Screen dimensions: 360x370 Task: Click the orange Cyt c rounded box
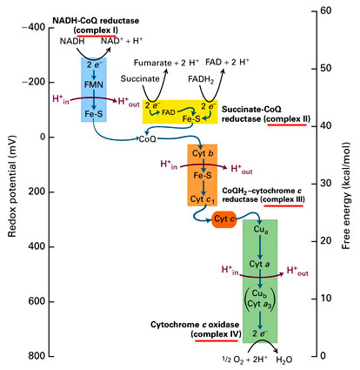click(224, 219)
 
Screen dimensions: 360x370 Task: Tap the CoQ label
click(147, 139)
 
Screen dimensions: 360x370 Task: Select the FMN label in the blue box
click(94, 84)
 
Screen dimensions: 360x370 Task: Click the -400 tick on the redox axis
click(51, 28)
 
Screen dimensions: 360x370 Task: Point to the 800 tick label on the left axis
click(37, 356)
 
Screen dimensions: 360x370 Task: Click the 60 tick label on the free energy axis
click(326, 10)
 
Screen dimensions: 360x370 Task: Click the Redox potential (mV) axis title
click(12, 186)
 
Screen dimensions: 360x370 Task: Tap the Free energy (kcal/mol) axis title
click(346, 196)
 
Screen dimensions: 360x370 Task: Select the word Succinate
click(140, 78)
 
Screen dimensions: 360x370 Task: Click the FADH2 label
click(201, 79)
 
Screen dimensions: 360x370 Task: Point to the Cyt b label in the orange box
click(203, 153)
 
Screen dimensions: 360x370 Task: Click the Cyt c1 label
click(203, 199)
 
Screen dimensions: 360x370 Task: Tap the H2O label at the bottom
click(284, 360)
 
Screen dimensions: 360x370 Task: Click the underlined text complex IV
click(217, 334)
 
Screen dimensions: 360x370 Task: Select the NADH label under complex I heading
click(72, 41)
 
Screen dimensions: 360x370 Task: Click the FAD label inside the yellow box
click(169, 112)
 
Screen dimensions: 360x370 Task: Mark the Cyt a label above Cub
click(259, 264)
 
